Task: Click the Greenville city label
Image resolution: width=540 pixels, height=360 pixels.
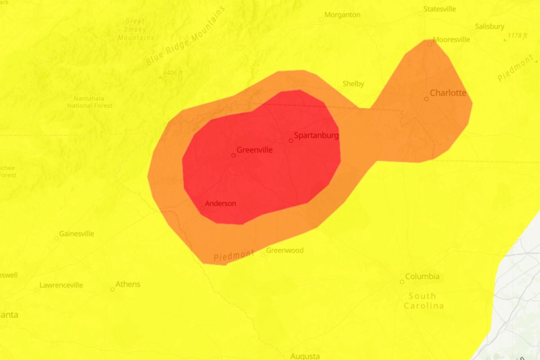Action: (x=254, y=150)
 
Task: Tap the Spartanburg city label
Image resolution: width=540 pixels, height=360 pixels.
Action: (x=316, y=135)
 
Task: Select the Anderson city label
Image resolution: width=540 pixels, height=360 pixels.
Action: (x=220, y=203)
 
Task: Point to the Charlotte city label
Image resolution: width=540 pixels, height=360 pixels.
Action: (x=448, y=93)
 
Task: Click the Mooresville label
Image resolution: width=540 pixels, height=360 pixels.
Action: (x=451, y=40)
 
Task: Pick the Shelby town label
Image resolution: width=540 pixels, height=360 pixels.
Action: (x=353, y=84)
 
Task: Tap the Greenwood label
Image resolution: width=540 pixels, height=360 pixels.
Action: (x=285, y=250)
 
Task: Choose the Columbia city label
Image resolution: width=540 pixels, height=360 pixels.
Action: (x=422, y=276)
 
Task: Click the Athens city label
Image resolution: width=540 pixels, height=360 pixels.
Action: (x=128, y=284)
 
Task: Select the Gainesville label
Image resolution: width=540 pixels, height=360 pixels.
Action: (x=77, y=234)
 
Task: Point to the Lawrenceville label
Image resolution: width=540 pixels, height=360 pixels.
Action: (x=61, y=285)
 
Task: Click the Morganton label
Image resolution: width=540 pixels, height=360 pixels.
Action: (x=342, y=15)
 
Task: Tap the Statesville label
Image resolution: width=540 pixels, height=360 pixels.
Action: (x=440, y=9)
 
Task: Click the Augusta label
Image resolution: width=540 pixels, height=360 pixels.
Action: (x=305, y=356)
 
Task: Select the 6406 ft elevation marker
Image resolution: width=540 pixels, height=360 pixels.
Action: (x=173, y=72)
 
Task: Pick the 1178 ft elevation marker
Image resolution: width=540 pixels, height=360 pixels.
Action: (x=518, y=36)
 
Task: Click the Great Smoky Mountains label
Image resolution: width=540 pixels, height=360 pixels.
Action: (x=135, y=29)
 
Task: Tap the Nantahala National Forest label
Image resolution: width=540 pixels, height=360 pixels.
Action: (x=90, y=102)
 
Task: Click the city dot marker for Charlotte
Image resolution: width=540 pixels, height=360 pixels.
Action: (x=426, y=99)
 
